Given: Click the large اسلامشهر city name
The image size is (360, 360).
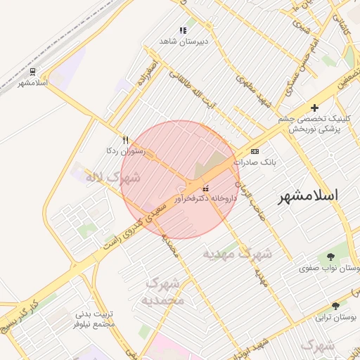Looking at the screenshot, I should [308, 195].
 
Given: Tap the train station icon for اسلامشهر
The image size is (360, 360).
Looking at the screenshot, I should [32, 72].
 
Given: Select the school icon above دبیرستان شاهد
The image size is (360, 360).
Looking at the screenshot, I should [183, 30].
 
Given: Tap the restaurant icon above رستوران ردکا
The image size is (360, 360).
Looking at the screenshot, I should [125, 140].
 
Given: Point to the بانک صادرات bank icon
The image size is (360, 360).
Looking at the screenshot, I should [255, 151].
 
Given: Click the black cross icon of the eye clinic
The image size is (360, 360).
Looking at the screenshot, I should [314, 108].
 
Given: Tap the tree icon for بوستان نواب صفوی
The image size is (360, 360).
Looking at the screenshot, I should [330, 257].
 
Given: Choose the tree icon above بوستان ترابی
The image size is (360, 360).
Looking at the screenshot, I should [335, 306].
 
